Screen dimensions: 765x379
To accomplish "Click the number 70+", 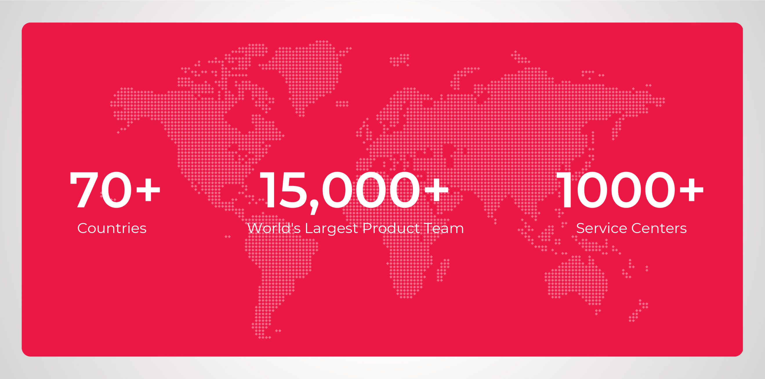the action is (x=115, y=190).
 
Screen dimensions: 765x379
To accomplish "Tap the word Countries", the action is (x=112, y=228).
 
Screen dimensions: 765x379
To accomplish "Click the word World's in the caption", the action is (x=273, y=228).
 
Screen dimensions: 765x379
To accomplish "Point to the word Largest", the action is (x=331, y=229).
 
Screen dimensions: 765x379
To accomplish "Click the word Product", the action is (x=391, y=228).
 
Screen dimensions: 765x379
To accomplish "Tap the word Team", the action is (x=444, y=228).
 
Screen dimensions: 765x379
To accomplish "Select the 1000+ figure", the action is (x=630, y=190).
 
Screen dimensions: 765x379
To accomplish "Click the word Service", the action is (x=601, y=228).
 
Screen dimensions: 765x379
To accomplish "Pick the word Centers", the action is (x=659, y=228).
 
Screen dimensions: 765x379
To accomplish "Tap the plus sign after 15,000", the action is (x=436, y=189).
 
